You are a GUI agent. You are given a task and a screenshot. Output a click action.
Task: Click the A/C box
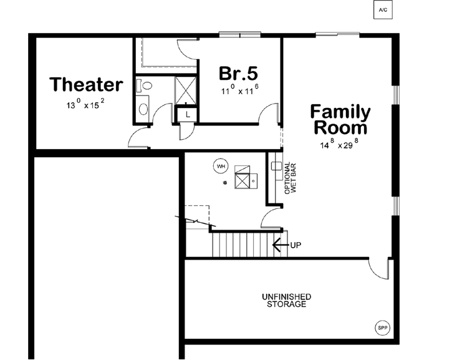383,11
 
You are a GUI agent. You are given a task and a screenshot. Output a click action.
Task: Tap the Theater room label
86,84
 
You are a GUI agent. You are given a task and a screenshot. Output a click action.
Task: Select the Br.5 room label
238,73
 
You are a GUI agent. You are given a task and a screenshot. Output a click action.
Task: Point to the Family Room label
340,120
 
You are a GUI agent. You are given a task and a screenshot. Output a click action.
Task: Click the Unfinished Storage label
286,300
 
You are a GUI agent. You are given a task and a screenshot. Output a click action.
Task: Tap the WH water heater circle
219,166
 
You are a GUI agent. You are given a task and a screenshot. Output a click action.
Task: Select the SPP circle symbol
381,328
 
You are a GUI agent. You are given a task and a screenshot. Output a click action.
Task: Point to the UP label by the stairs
296,245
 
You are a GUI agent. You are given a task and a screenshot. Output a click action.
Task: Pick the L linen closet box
187,114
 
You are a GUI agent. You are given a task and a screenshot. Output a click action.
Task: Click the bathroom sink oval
143,109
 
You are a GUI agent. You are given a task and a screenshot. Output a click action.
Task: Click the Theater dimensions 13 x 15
85,104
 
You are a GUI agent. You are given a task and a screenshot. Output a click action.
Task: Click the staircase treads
243,244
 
